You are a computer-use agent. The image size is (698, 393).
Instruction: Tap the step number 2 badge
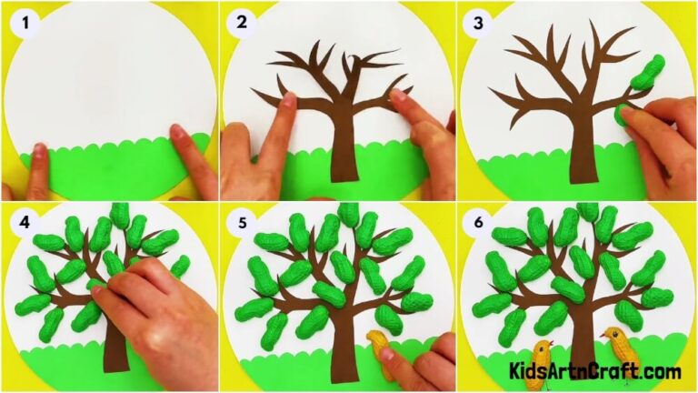(243, 25)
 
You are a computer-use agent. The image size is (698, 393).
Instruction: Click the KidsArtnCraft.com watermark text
(594, 371)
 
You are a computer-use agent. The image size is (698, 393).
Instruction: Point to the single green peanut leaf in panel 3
(646, 73)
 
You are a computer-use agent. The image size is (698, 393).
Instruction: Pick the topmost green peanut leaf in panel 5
(349, 216)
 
